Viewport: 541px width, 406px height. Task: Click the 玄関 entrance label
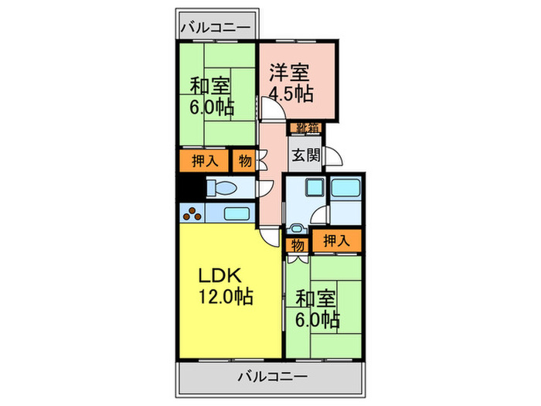[303, 154]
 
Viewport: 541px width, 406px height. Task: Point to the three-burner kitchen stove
[192, 213]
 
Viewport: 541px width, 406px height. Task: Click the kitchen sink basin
[236, 213]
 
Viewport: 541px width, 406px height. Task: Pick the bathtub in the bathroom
[345, 188]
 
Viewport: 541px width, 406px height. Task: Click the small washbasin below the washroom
[297, 230]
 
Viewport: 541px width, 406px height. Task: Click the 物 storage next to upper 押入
[244, 161]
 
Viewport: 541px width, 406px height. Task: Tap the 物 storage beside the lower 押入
[298, 245]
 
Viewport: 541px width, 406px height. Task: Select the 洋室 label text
[289, 74]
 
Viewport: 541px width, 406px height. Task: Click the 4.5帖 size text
[291, 94]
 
